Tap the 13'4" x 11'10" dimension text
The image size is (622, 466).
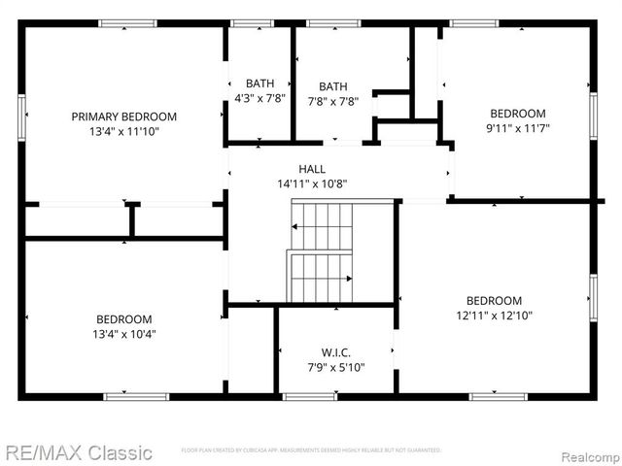click(x=124, y=131)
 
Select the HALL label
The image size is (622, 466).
click(x=313, y=169)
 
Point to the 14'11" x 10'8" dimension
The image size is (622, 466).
click(x=313, y=183)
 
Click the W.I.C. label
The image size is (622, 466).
click(x=335, y=352)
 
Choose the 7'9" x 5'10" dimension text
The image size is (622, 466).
click(x=335, y=367)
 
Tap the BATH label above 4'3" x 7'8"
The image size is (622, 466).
click(x=259, y=83)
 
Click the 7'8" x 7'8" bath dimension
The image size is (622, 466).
click(x=333, y=101)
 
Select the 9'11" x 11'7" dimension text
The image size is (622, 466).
click(x=517, y=127)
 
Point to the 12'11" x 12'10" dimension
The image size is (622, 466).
click(x=494, y=316)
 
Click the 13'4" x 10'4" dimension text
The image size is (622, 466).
click(x=123, y=334)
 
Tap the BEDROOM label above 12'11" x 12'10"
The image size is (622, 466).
click(x=494, y=301)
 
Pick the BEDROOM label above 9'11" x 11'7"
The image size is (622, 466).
click(x=517, y=113)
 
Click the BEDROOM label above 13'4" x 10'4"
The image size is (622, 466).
click(x=123, y=319)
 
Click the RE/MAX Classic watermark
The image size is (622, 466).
click(x=77, y=452)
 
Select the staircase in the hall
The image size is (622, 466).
click(x=321, y=252)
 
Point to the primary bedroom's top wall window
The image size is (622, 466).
click(x=126, y=23)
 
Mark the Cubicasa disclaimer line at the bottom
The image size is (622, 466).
click(x=311, y=450)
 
